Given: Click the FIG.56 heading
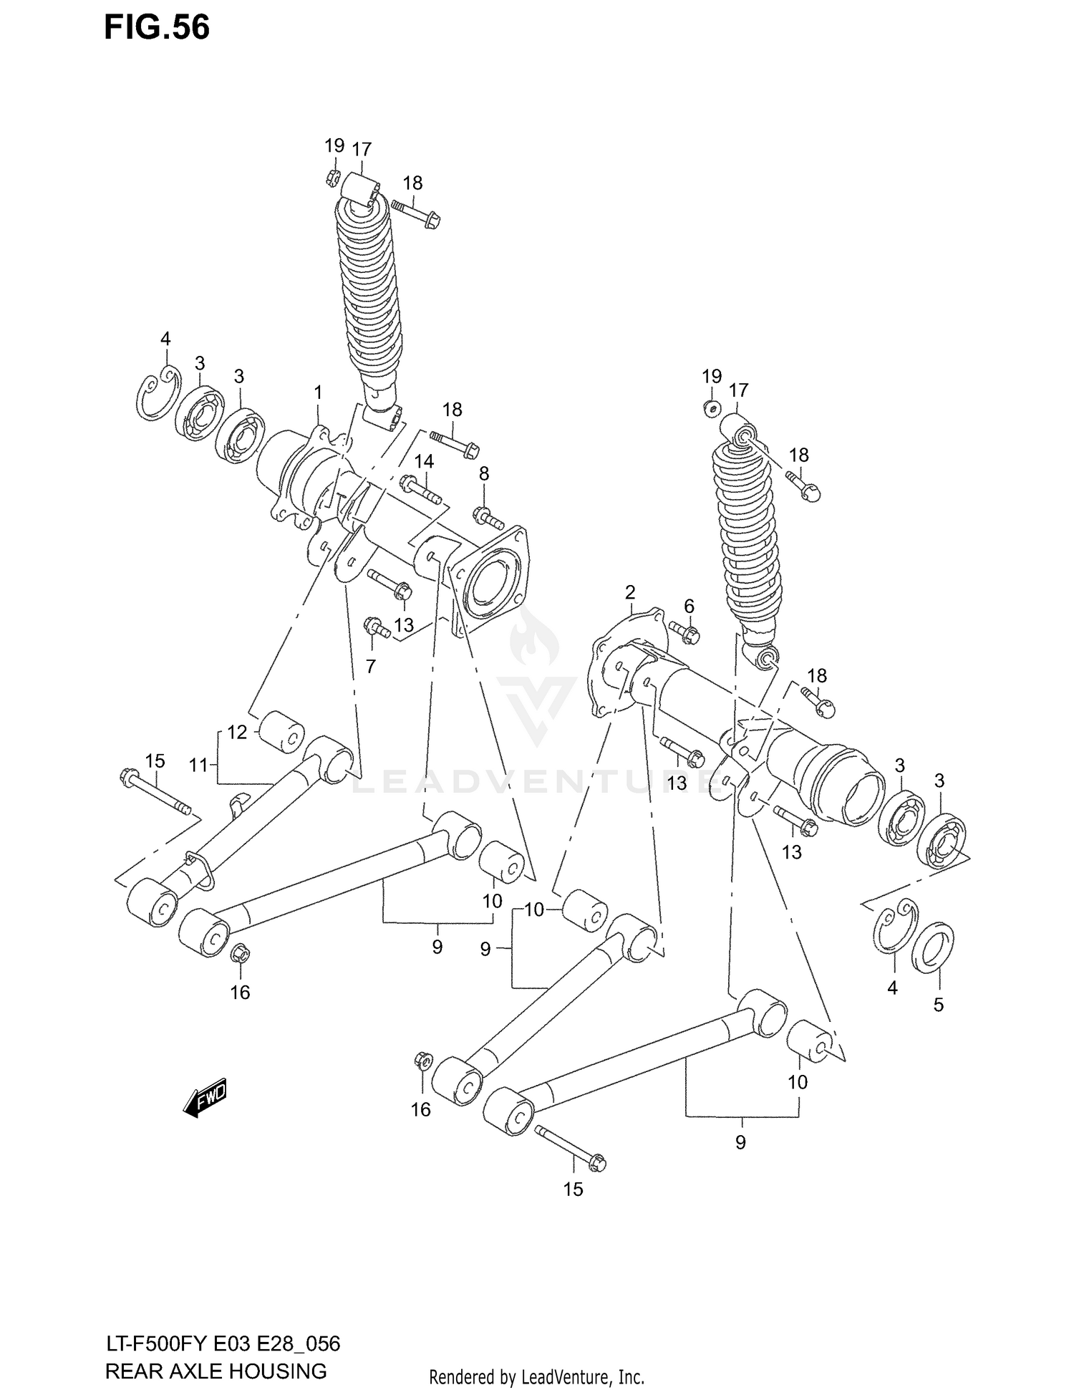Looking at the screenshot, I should click(x=157, y=27).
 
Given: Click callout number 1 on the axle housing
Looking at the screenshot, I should click(x=318, y=392).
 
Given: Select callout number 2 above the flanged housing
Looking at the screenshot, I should click(x=629, y=592).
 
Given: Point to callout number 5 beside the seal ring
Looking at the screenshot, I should click(x=938, y=1005).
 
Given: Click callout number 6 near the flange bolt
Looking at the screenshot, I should click(x=689, y=607).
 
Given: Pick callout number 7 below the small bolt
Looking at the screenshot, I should click(x=370, y=666).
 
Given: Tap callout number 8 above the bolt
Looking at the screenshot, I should click(x=484, y=473).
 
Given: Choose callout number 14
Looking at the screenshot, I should click(x=424, y=461).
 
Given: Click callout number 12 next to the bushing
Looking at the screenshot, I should click(x=237, y=732).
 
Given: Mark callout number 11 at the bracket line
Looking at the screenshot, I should click(x=198, y=765).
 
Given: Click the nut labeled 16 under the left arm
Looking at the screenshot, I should click(x=240, y=953).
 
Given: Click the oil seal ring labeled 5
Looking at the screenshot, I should click(x=932, y=949).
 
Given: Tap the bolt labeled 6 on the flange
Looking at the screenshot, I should click(x=687, y=632).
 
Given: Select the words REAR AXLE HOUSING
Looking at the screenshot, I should click(x=216, y=1371).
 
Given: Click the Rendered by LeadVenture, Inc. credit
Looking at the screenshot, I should click(x=536, y=1377).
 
